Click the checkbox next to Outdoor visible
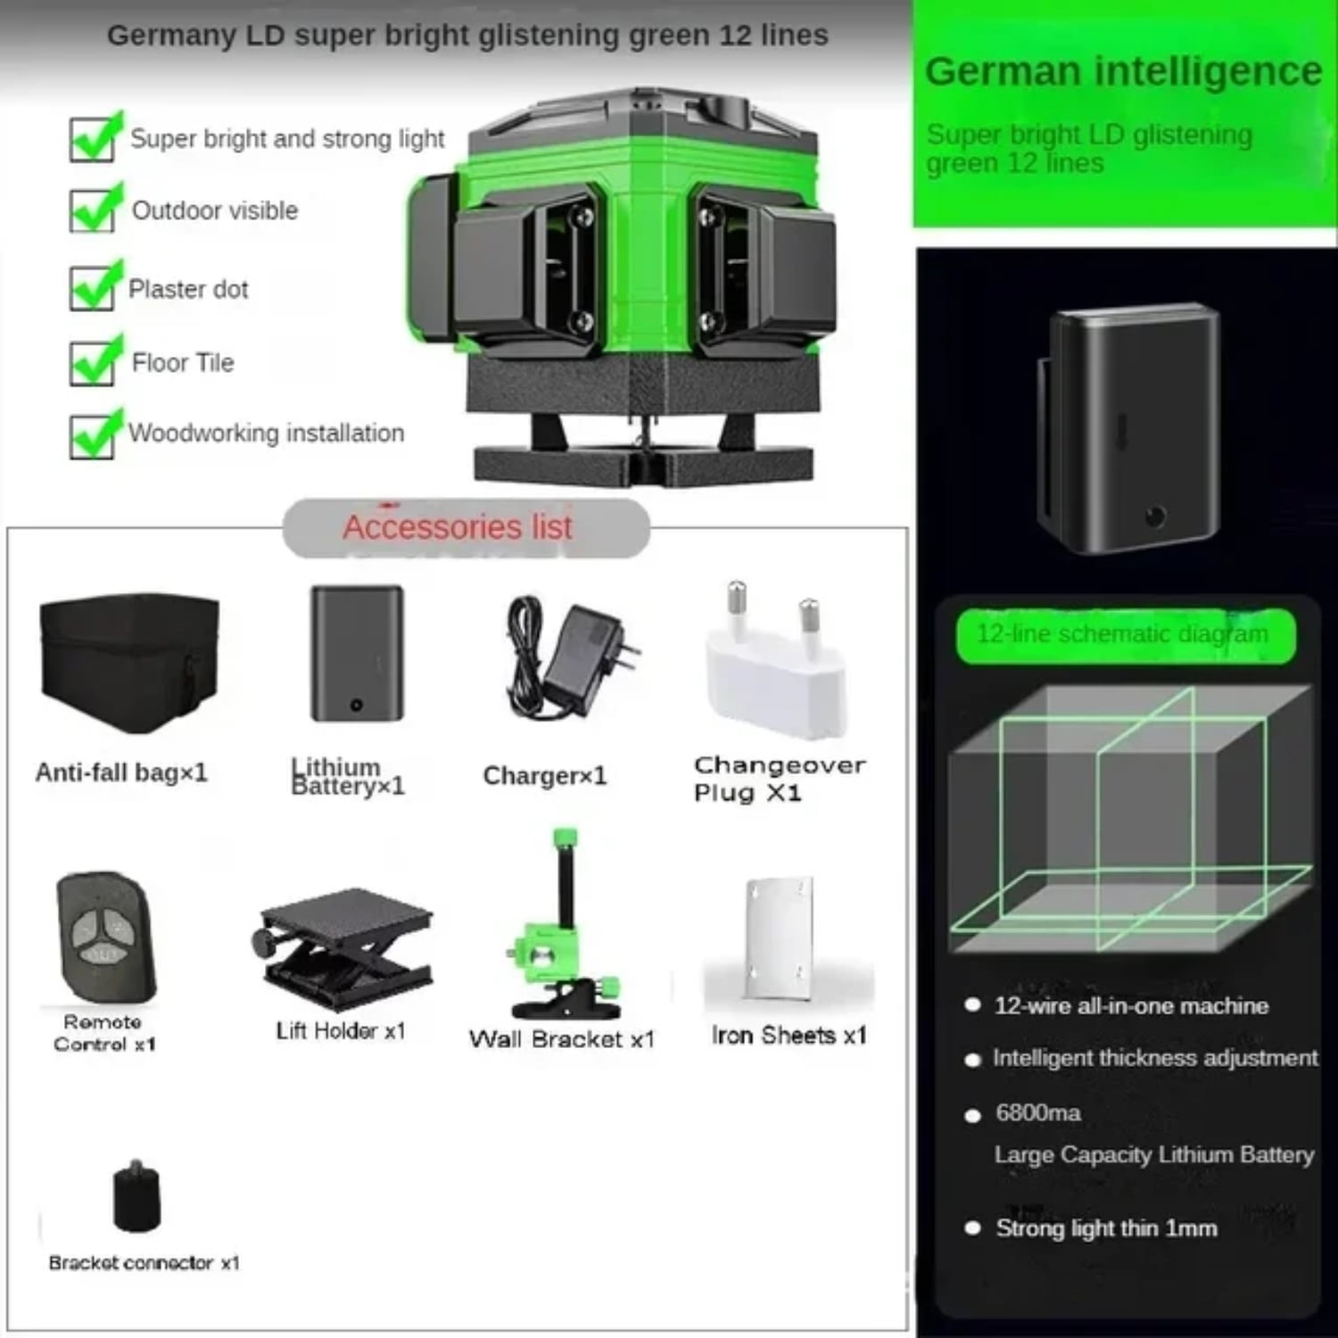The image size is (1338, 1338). (93, 211)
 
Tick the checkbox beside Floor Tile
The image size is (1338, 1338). (93, 363)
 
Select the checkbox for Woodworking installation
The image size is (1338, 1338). (93, 435)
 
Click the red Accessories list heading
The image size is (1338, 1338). (458, 527)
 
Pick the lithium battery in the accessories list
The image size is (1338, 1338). (357, 653)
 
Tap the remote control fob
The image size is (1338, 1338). (105, 937)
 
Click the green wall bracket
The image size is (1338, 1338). (562, 937)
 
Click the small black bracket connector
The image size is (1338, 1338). (137, 1197)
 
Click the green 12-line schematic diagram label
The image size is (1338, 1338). (1124, 635)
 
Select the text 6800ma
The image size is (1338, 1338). (1038, 1113)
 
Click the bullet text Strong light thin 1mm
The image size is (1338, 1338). (1106, 1228)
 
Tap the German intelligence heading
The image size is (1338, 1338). (1123, 71)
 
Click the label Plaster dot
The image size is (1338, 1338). (188, 289)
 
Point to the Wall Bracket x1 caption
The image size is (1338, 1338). (562, 1039)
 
